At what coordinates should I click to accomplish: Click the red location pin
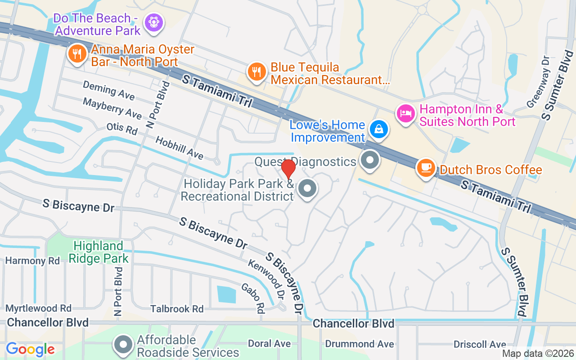pos(288,169)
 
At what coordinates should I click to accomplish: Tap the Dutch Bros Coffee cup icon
pos(425,168)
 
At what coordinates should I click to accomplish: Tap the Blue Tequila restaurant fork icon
pos(256,72)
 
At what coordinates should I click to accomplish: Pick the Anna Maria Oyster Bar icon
pos(77,54)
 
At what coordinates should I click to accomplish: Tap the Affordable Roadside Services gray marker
pos(123,345)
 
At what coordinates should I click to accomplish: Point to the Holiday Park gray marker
pos(308,189)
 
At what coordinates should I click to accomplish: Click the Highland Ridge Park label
pos(101,252)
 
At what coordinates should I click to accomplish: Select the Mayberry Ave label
pos(112,108)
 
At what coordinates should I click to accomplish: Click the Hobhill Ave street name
pos(180,148)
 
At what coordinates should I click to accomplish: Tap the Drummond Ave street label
pos(360,344)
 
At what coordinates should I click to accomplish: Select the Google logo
pos(30,349)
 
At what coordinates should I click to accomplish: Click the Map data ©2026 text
pos(537,354)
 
